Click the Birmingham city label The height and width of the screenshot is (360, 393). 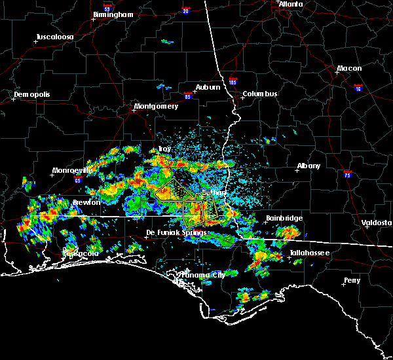113,14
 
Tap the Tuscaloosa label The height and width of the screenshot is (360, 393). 55,37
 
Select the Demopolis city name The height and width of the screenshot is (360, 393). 32,94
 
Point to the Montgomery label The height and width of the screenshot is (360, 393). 156,106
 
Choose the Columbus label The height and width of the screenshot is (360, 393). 259,94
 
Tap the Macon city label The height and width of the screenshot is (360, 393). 349,69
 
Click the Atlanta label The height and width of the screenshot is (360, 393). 291,4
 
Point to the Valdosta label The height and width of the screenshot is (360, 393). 378,223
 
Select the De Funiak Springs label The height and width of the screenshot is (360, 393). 170,232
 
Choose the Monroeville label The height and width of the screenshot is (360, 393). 72,170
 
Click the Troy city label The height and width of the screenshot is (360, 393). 166,149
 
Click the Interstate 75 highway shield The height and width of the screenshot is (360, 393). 348,173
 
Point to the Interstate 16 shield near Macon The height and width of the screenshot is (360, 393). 358,86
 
